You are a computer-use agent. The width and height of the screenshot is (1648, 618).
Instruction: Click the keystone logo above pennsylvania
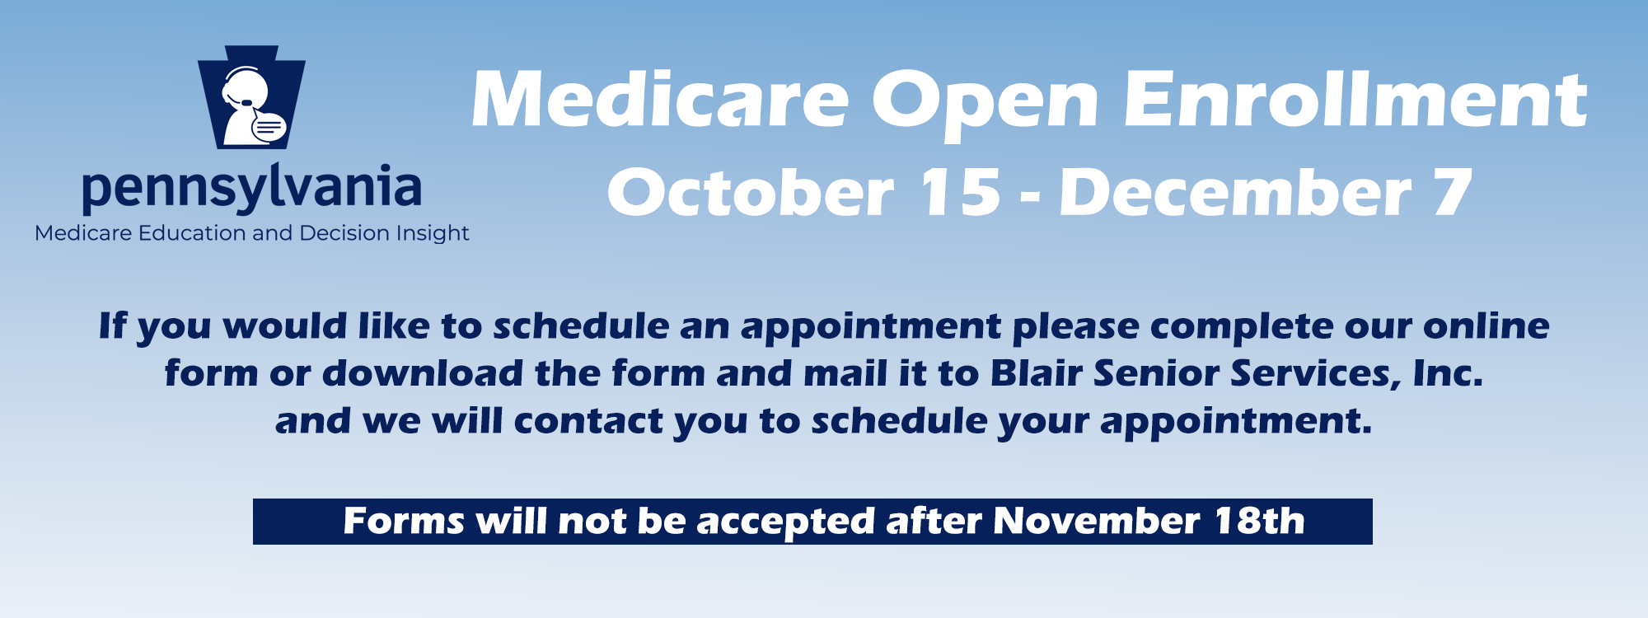click(x=251, y=97)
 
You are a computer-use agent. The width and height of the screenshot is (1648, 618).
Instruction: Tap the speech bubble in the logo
click(x=269, y=127)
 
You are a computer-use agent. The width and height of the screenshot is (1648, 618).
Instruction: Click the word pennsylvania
click(x=252, y=188)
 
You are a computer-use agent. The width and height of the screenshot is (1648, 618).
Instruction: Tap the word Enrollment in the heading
click(x=1355, y=100)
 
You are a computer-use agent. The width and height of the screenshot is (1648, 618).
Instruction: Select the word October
click(x=751, y=193)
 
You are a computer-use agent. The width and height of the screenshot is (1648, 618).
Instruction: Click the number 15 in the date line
click(x=960, y=193)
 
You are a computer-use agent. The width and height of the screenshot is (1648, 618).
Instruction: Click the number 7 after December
click(x=1453, y=193)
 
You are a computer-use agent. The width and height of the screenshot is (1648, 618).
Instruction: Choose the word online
click(x=1486, y=326)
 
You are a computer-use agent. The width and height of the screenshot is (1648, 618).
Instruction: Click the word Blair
click(x=1037, y=373)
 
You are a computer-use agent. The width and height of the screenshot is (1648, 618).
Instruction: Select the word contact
click(x=588, y=421)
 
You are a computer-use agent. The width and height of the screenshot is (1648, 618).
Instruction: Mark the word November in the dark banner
click(x=1096, y=522)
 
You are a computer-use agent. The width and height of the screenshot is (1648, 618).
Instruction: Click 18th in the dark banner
click(x=1260, y=522)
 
